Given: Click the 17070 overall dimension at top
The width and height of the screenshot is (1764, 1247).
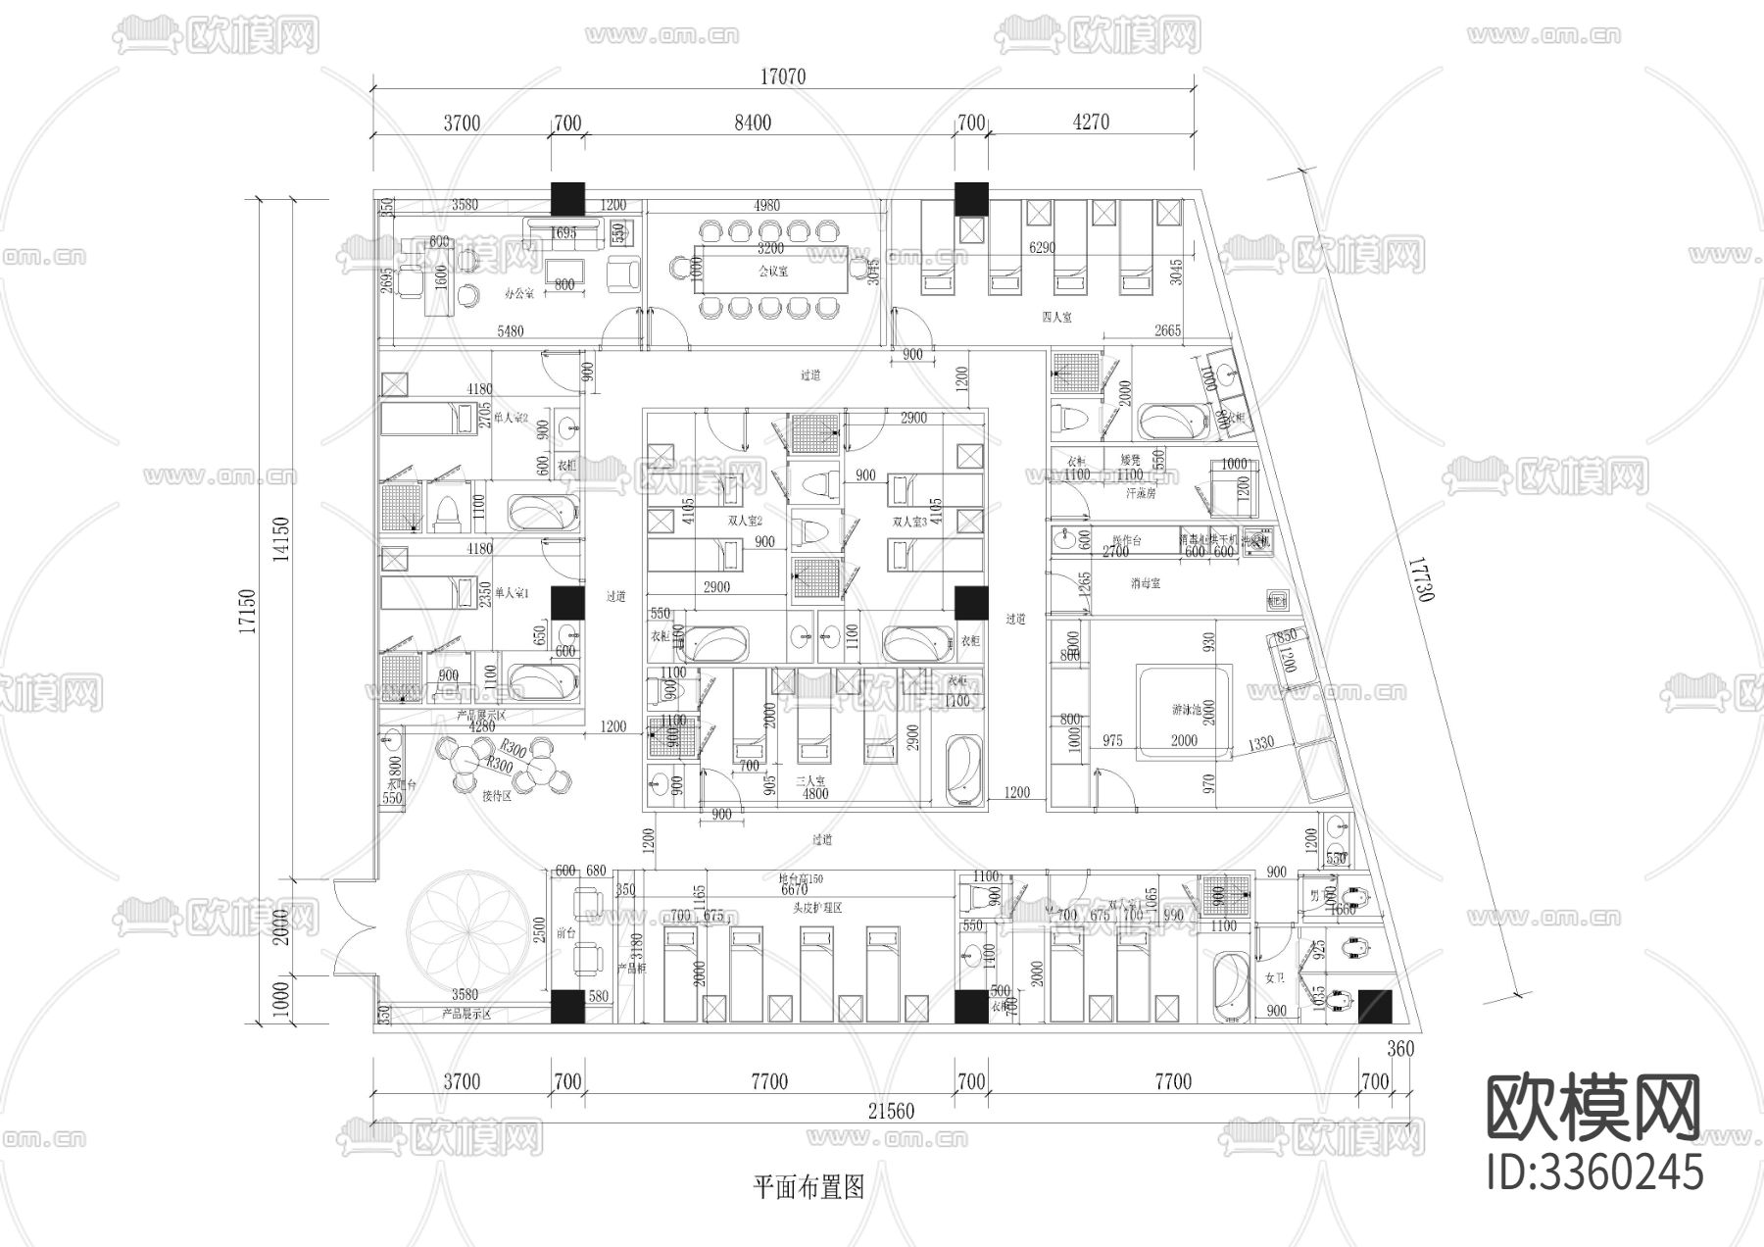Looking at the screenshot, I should click(782, 76).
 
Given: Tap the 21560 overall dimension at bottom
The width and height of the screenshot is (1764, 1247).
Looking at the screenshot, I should click(891, 1111).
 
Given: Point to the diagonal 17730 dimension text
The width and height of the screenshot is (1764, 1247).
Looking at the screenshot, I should click(1422, 579).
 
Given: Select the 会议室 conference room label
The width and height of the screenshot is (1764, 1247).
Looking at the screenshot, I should click(773, 272).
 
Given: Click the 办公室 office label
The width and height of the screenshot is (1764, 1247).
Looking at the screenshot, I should click(519, 293).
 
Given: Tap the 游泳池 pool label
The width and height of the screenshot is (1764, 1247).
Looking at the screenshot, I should click(1186, 709).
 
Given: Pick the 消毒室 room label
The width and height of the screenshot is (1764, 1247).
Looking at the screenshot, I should click(1145, 582).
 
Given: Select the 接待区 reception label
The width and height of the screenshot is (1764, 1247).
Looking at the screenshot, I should click(497, 797).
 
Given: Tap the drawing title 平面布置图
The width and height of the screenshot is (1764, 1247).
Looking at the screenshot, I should click(808, 1188).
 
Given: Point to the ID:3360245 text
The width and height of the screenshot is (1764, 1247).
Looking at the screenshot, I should click(1594, 1172).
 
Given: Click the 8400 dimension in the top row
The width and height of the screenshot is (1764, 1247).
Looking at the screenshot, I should click(752, 123).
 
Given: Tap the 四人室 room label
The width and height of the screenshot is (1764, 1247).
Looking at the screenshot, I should click(1056, 317).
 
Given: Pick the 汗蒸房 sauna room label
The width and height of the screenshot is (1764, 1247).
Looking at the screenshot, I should click(1141, 493).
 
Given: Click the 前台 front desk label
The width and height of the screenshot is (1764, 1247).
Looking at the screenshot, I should click(565, 933).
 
